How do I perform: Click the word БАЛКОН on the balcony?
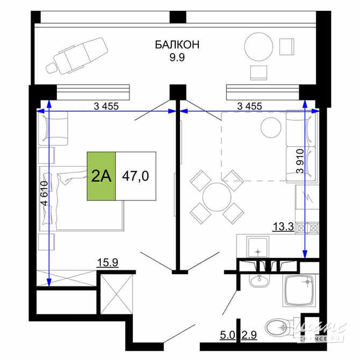tap(177, 45)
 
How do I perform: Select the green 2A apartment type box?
tap(101, 176)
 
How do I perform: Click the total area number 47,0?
tap(135, 176)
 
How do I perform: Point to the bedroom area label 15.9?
tap(107, 263)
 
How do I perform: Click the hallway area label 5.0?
tap(227, 336)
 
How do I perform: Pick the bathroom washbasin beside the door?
tap(260, 280)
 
